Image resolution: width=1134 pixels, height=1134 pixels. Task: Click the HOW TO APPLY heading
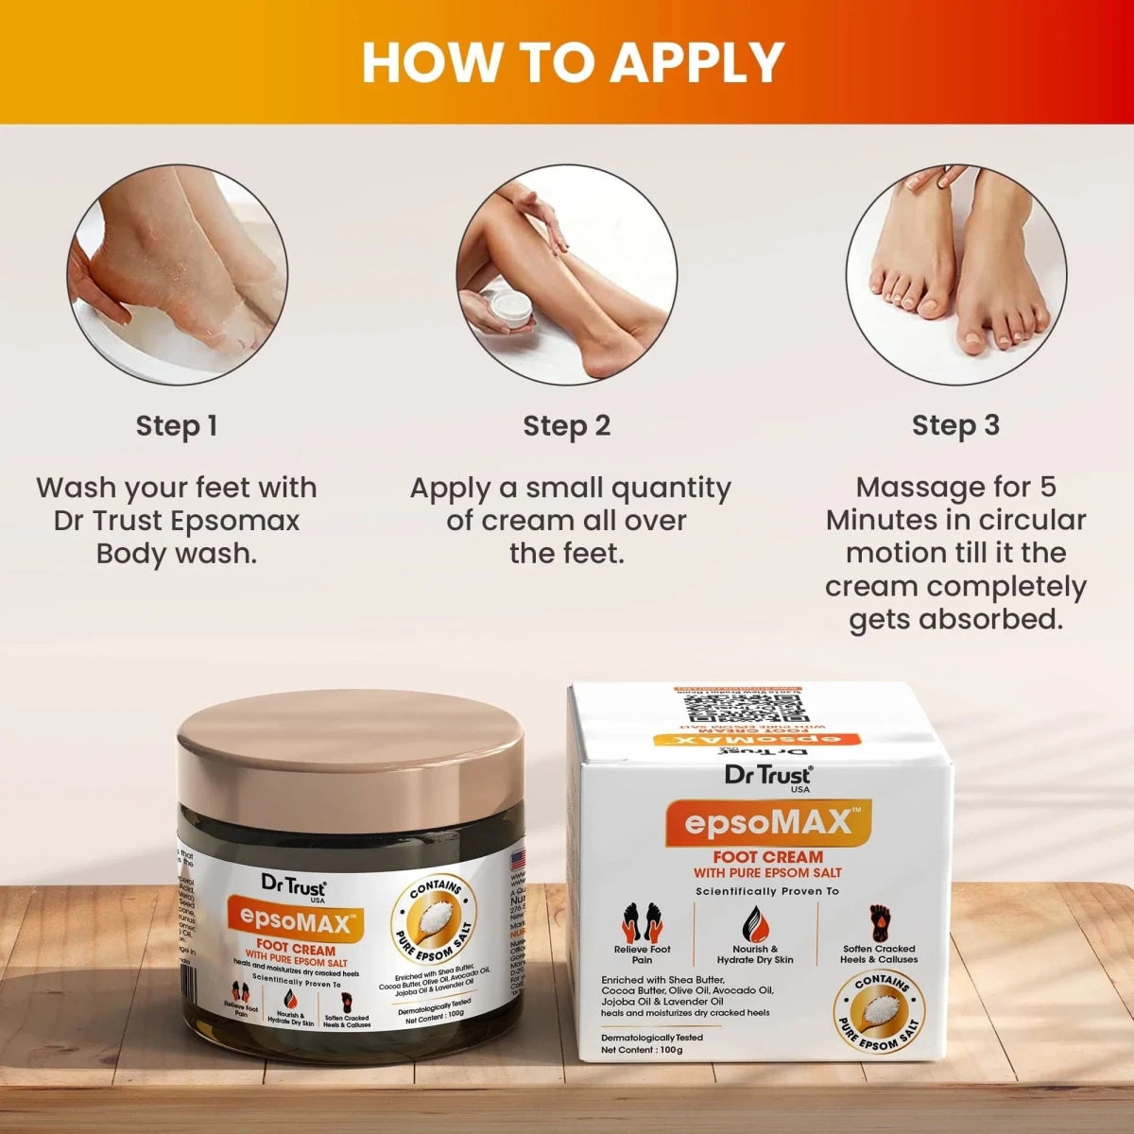click(x=573, y=62)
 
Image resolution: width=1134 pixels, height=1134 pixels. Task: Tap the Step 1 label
click(x=177, y=426)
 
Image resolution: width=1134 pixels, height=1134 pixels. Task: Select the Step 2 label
click(x=567, y=426)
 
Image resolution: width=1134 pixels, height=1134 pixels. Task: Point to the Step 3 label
click(x=955, y=425)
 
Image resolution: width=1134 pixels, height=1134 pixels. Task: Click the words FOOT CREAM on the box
click(x=767, y=857)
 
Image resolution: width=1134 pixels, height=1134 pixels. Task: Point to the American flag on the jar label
click(x=517, y=860)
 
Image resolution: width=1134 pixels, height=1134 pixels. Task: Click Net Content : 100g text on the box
click(x=642, y=1050)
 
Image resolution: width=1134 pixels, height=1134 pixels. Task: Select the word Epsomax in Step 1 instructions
click(x=245, y=520)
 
